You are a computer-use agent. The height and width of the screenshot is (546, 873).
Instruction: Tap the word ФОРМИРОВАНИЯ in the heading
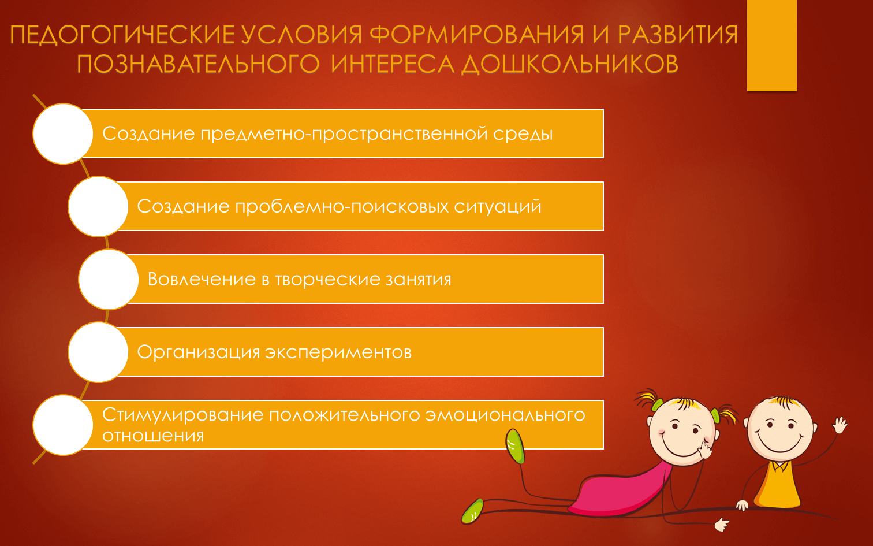[476, 34]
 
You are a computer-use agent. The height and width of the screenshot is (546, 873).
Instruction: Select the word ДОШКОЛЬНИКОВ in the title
[570, 65]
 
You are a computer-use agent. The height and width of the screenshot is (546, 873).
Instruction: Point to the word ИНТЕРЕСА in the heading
[393, 64]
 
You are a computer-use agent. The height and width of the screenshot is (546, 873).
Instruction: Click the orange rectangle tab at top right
[771, 45]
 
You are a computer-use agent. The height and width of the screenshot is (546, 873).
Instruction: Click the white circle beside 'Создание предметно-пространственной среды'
[63, 134]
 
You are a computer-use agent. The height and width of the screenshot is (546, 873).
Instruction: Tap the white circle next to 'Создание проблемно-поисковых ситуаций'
[98, 206]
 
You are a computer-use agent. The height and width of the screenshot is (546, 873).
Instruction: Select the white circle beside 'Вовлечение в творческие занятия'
[109, 279]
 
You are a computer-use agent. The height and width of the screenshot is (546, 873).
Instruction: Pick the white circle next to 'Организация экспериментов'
[98, 352]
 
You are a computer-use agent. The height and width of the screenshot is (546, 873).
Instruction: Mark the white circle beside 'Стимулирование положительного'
[63, 425]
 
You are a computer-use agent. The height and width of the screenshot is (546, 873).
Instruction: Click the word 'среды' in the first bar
[523, 135]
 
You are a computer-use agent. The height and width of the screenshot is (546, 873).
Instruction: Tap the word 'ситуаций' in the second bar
[498, 207]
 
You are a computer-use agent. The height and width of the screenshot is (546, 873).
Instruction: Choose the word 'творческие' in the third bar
[327, 280]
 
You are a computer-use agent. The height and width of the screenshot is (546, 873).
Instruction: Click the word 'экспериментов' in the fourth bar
[338, 352]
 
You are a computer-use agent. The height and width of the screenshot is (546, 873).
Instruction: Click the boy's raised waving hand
[840, 425]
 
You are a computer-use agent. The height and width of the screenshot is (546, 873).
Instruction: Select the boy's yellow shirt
[778, 485]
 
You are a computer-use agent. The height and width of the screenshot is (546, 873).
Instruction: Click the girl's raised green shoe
[515, 446]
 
